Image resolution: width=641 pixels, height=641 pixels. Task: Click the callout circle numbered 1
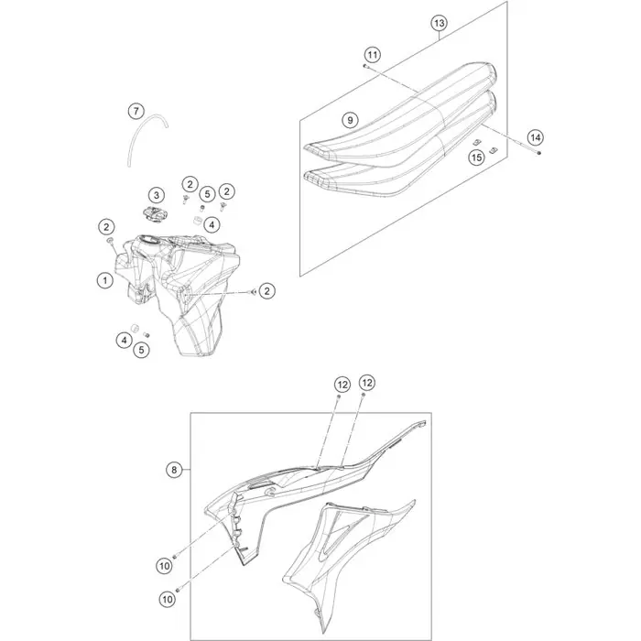(x=105, y=280)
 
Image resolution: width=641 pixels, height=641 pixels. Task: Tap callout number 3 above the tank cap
(x=157, y=195)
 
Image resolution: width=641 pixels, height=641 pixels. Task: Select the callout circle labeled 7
(x=136, y=111)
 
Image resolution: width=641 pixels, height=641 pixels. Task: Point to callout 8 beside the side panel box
(x=174, y=470)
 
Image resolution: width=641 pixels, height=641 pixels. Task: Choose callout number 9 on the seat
(x=350, y=120)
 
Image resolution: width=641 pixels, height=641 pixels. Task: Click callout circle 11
(x=373, y=55)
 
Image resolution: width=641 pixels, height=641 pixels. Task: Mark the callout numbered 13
(x=439, y=23)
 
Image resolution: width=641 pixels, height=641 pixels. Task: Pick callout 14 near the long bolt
(x=535, y=137)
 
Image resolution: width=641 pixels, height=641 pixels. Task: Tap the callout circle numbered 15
(x=476, y=158)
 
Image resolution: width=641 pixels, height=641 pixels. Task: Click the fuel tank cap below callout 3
(x=154, y=214)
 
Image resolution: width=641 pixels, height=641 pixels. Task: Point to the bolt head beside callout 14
(x=539, y=153)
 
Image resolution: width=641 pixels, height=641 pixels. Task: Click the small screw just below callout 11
(x=365, y=65)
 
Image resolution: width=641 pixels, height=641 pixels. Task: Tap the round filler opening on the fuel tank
(x=148, y=240)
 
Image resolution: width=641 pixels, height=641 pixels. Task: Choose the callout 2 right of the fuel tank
(x=267, y=291)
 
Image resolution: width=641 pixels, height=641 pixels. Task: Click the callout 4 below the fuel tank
(x=124, y=340)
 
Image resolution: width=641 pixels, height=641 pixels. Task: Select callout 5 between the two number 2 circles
(x=207, y=194)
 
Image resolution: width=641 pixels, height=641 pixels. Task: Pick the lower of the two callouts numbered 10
(x=168, y=599)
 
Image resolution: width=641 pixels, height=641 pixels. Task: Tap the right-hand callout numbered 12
(x=366, y=383)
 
